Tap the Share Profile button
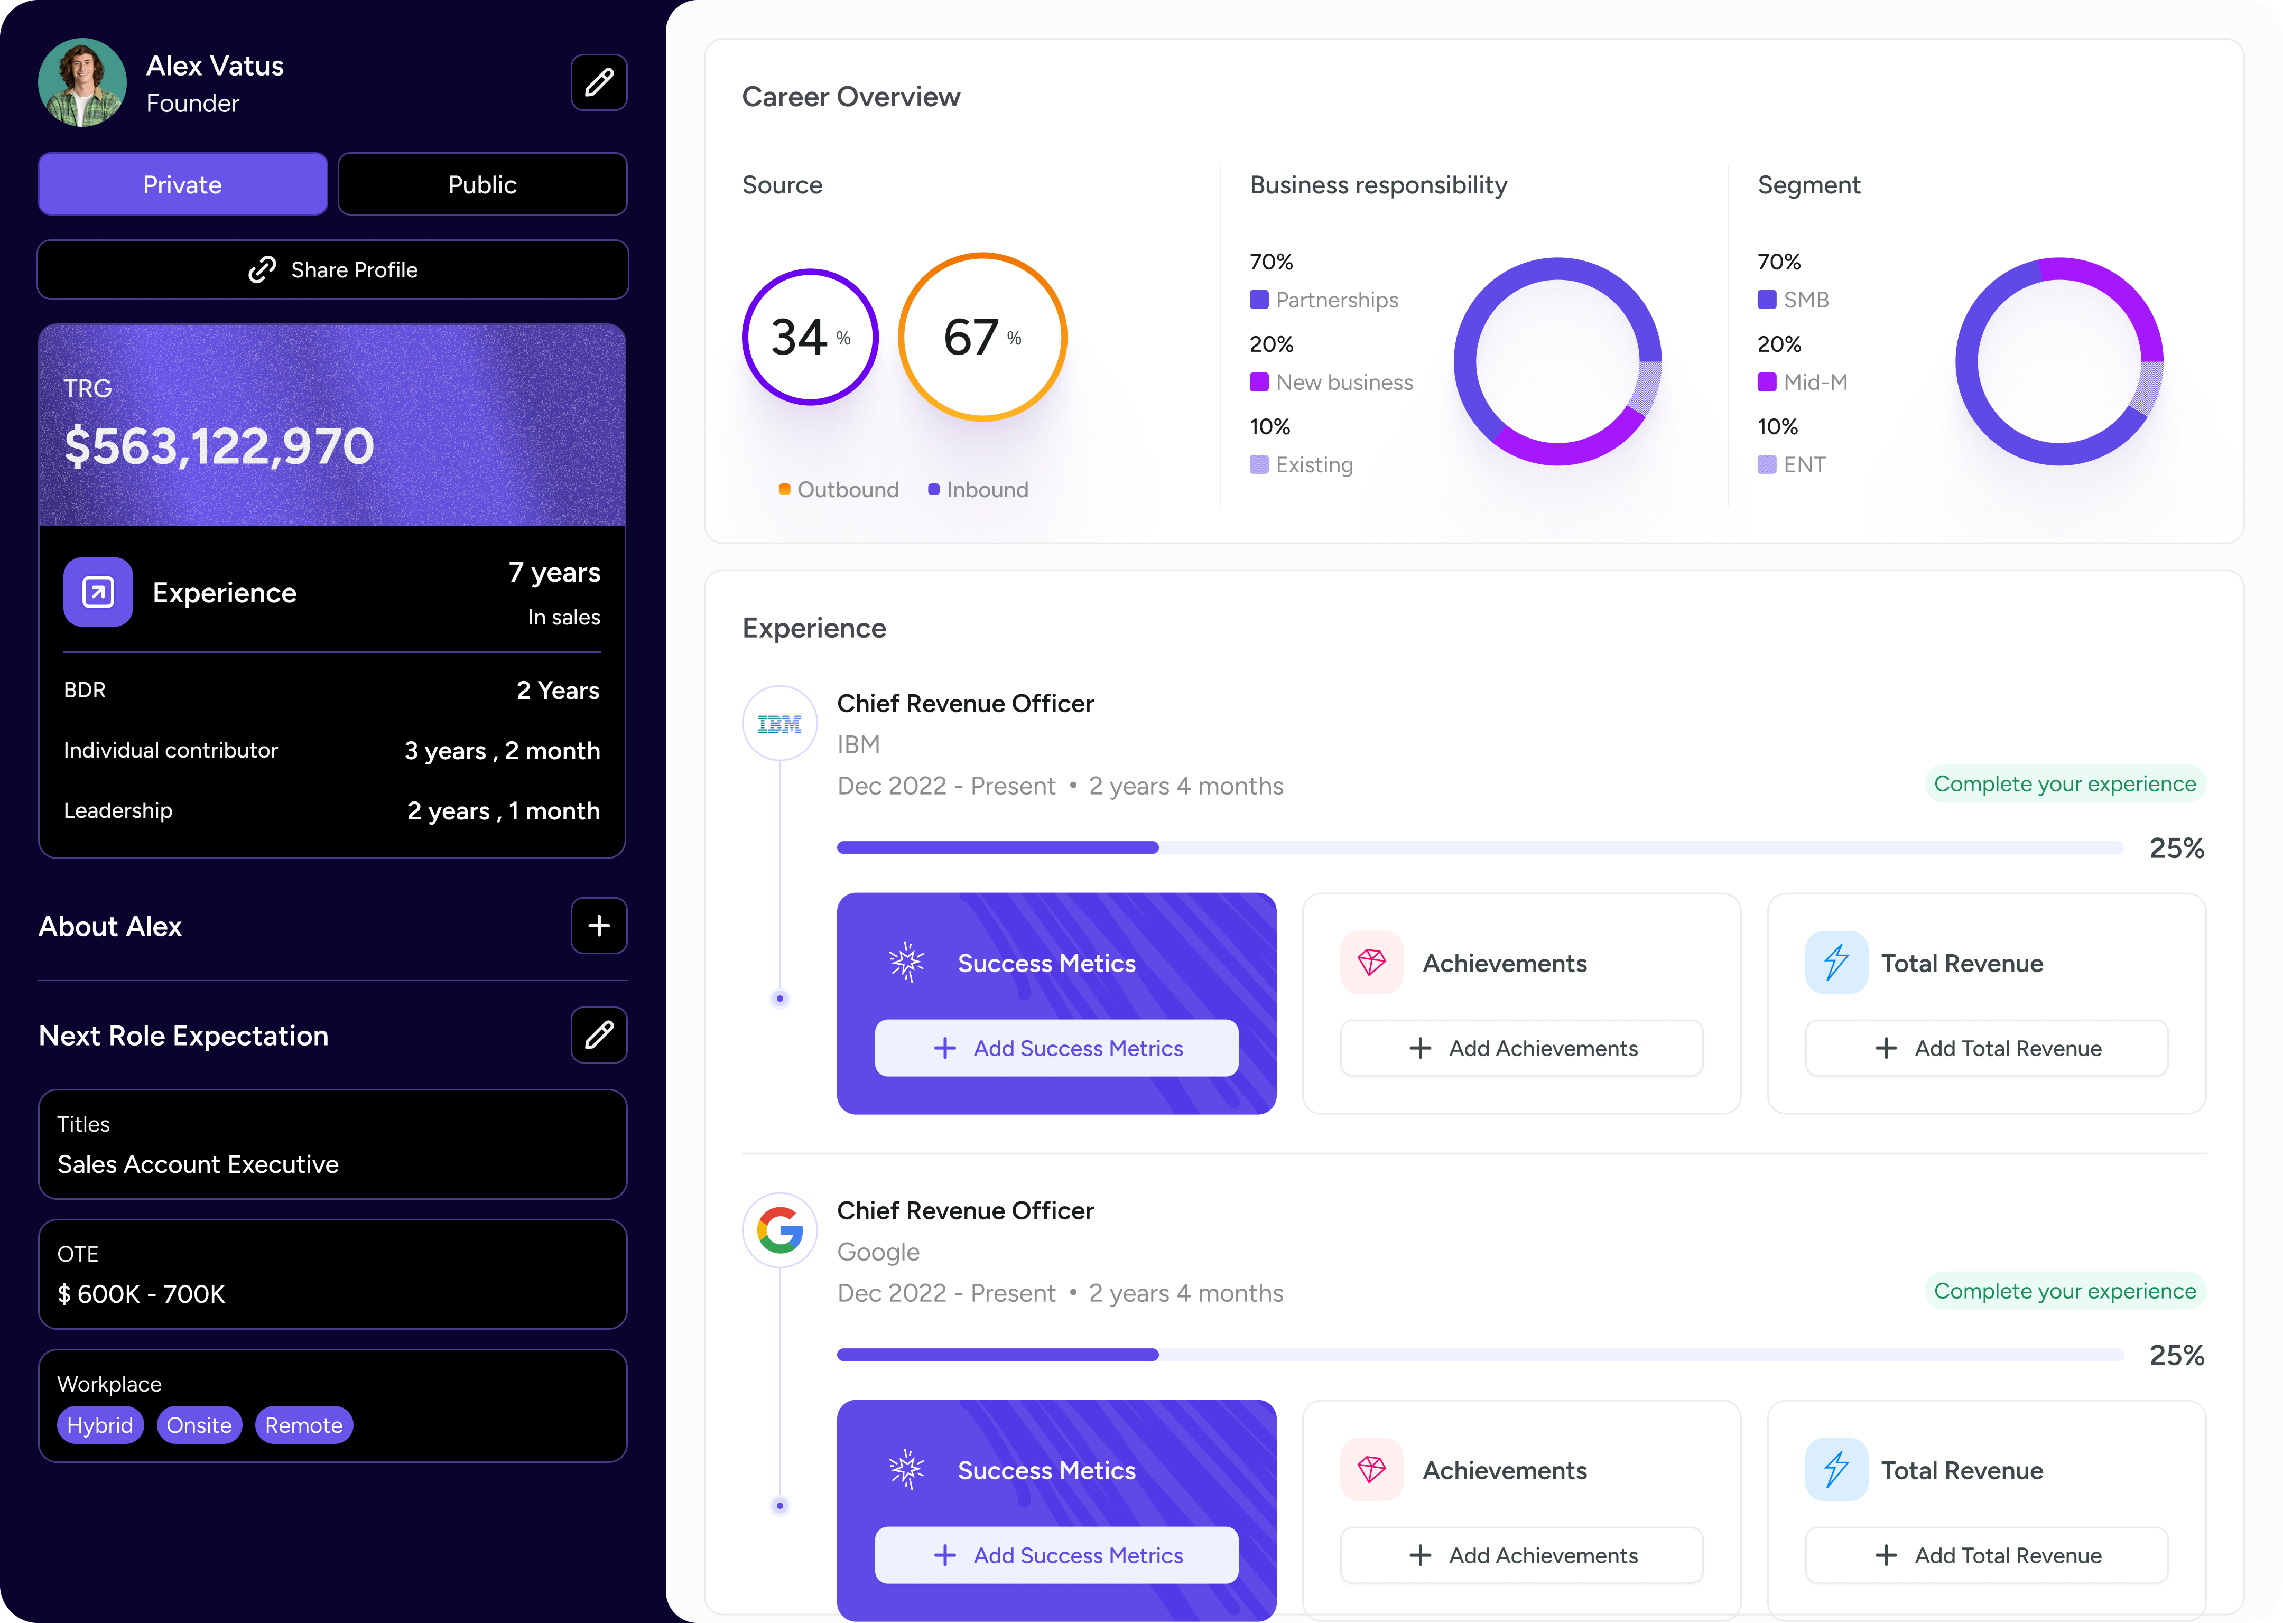332,270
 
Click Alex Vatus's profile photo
82,82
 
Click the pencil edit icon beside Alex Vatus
599,82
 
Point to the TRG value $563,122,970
219,446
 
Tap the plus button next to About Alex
599,926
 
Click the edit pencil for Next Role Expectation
599,1034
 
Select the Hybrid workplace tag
100,1425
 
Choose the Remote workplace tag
304,1425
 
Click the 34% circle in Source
810,337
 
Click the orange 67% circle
982,337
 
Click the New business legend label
1343,382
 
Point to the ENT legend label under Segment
1803,465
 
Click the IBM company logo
779,724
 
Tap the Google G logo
779,1230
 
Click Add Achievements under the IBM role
1521,1048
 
